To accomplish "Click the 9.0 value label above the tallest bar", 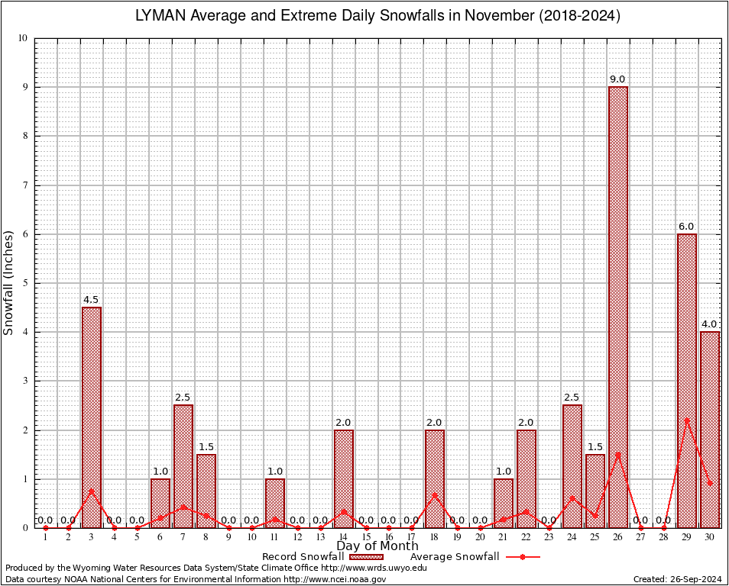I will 617,79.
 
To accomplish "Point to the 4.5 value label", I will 91,300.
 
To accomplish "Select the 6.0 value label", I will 686,227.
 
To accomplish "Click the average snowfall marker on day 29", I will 687,420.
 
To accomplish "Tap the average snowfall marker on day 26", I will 618,454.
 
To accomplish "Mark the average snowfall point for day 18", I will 435,494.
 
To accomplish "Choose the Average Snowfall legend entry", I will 455,556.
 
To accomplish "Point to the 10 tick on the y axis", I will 23,38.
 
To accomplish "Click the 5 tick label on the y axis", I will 25,283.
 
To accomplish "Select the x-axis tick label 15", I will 366,537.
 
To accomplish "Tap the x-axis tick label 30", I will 710,537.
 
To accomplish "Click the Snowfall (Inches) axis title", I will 9,282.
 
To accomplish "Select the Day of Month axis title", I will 377,546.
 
